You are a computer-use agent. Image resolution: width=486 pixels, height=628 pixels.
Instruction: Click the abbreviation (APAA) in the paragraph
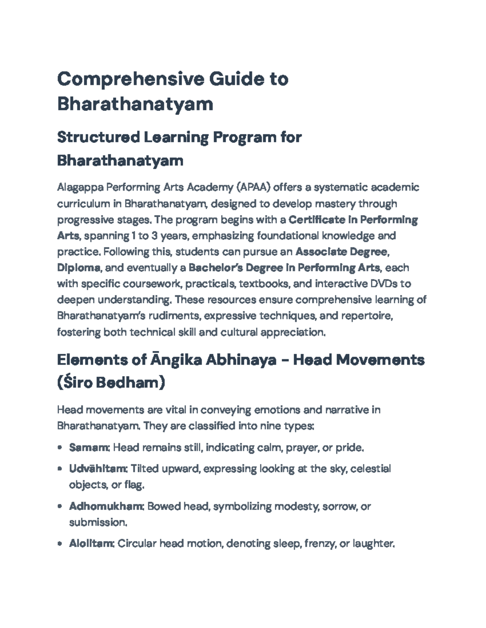(253, 188)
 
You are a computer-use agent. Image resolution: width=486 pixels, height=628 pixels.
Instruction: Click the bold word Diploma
(79, 268)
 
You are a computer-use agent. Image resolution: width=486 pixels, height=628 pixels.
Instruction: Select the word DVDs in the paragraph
(384, 284)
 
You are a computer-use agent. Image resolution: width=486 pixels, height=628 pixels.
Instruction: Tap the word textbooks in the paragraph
(264, 284)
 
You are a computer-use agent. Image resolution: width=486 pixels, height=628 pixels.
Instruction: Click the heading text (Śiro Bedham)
(111, 383)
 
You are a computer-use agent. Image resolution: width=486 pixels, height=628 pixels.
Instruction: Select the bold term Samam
(89, 448)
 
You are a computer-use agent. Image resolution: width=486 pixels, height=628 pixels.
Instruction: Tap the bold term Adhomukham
(106, 506)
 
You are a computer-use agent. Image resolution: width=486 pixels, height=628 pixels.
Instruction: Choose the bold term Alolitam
(92, 543)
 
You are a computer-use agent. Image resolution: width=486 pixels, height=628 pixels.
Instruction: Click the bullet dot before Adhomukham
(60, 506)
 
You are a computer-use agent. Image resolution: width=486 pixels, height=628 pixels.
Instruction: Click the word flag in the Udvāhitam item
(134, 485)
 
